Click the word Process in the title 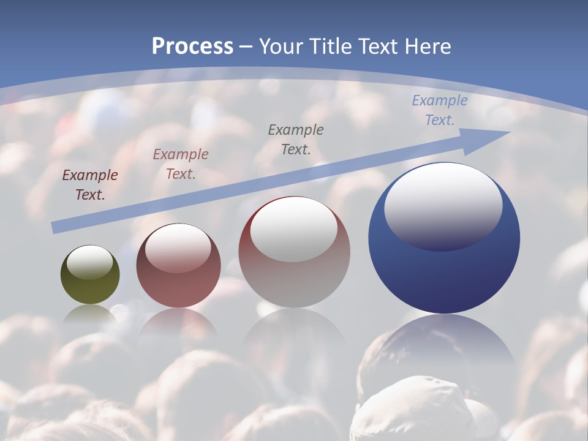[192, 47]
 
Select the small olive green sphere [90, 285]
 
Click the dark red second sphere [178, 288]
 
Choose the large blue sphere [444, 276]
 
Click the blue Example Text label [439, 110]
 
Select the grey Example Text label [296, 139]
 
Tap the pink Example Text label [181, 164]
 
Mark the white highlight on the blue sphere [443, 206]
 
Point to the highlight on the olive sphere [90, 262]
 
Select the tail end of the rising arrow [56, 227]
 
